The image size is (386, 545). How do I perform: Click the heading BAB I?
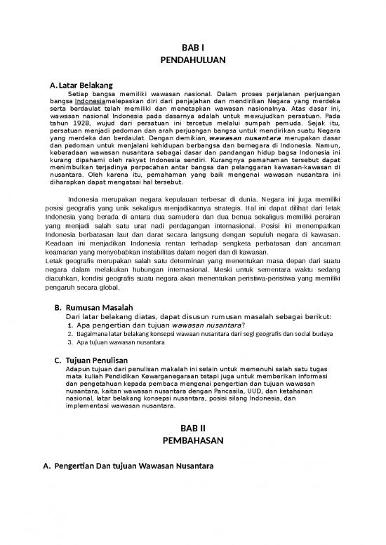coord(192,48)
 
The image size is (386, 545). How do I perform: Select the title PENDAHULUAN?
coord(192,61)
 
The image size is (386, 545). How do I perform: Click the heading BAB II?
coord(192,427)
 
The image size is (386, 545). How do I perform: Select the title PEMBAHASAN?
coord(192,441)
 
